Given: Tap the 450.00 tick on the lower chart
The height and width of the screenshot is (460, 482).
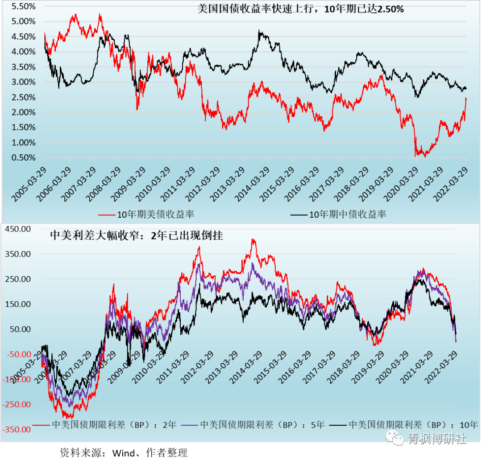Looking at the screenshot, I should tap(17, 229).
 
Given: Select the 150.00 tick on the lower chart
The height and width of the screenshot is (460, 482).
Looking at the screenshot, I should tap(17, 304).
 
